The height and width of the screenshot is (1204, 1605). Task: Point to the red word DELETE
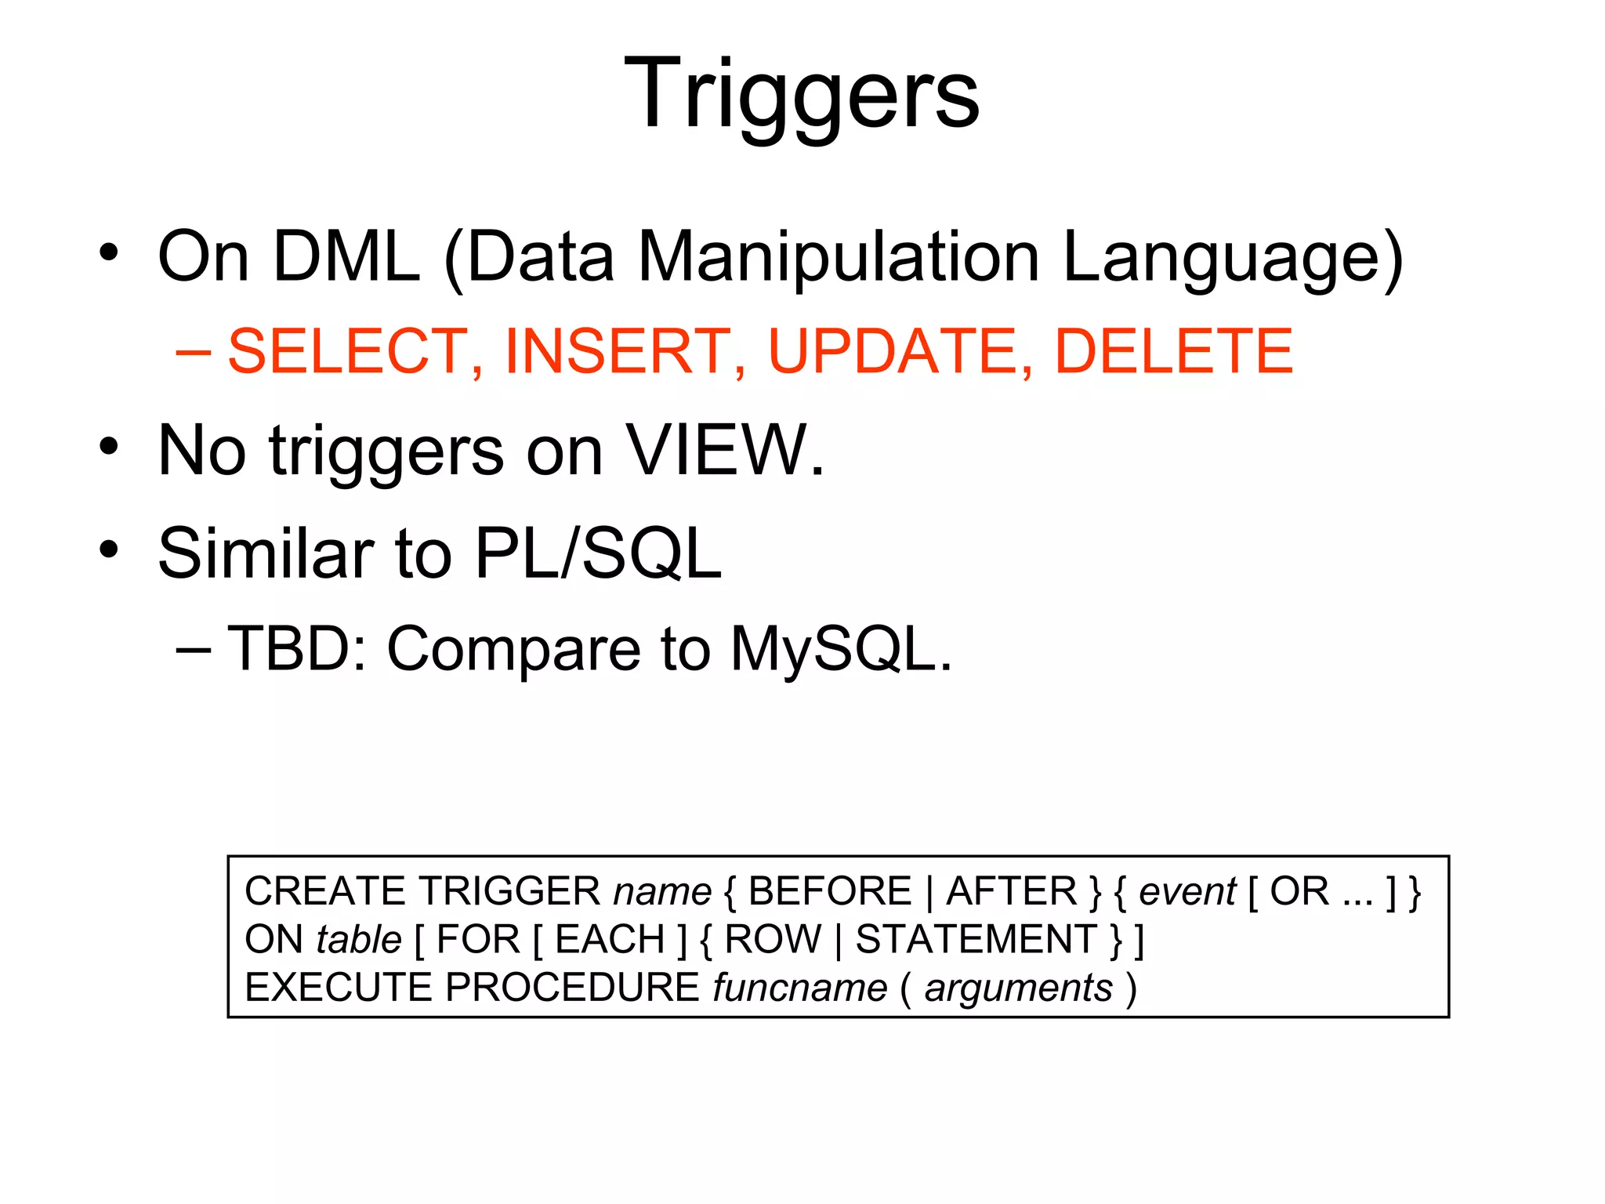click(x=1173, y=351)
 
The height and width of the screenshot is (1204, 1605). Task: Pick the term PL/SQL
click(x=598, y=553)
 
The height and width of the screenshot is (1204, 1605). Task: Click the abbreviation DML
click(x=346, y=257)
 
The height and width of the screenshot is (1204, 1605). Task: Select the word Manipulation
click(x=839, y=257)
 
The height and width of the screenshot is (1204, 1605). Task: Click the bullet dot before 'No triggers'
click(x=109, y=447)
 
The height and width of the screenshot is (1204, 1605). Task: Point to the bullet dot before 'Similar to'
click(x=109, y=549)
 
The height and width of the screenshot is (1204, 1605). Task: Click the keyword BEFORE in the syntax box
click(x=830, y=891)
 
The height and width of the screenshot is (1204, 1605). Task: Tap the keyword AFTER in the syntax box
click(x=1012, y=891)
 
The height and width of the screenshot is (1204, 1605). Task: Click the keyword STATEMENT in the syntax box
click(x=976, y=939)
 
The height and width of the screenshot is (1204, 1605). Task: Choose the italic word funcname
click(x=799, y=988)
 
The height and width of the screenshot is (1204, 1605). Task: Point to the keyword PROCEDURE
click(x=572, y=988)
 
